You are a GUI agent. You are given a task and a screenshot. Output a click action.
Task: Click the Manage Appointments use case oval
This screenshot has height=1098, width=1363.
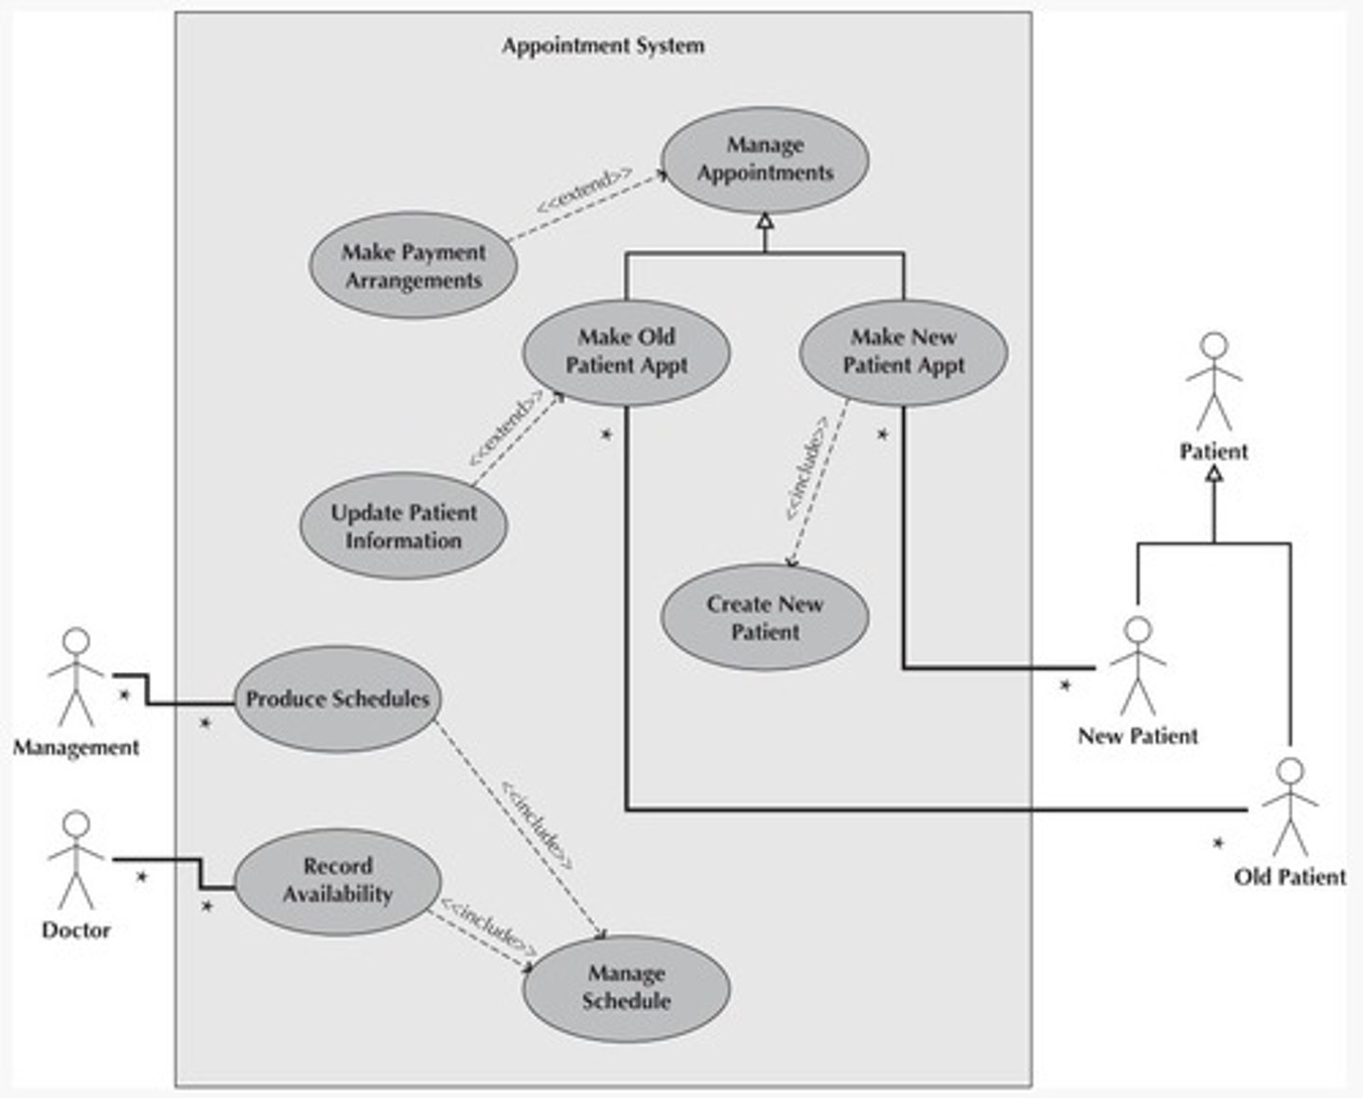click(765, 159)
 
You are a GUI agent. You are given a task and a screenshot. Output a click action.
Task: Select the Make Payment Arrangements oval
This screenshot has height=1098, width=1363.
click(414, 266)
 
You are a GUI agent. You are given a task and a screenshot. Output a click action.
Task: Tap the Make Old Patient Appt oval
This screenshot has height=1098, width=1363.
click(626, 351)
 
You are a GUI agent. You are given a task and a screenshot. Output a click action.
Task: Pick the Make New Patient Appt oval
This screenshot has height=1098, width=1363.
click(903, 351)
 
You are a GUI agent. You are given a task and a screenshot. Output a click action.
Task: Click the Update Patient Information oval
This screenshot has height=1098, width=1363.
click(404, 526)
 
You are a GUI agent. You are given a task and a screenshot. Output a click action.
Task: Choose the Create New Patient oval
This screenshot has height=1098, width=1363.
click(764, 617)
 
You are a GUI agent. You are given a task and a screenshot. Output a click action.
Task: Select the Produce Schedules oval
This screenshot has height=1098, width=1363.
click(337, 699)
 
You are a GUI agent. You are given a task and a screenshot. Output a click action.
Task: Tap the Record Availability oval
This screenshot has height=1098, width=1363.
click(337, 880)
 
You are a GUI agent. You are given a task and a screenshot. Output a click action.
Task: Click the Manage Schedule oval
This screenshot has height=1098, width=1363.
click(626, 987)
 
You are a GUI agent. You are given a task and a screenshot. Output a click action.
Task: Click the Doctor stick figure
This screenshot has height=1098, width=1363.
click(76, 859)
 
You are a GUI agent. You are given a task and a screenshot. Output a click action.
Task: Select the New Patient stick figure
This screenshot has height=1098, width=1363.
click(1138, 666)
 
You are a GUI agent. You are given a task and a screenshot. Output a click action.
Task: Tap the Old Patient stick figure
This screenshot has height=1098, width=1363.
click(1289, 806)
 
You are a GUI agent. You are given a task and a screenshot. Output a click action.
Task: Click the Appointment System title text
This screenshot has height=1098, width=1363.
click(603, 45)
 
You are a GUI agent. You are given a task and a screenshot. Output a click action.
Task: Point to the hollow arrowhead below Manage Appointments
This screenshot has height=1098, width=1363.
click(765, 221)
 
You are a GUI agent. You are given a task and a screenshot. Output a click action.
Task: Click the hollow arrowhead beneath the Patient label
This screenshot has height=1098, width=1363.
click(1213, 473)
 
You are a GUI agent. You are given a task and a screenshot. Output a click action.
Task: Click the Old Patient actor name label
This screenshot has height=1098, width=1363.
click(1289, 877)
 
